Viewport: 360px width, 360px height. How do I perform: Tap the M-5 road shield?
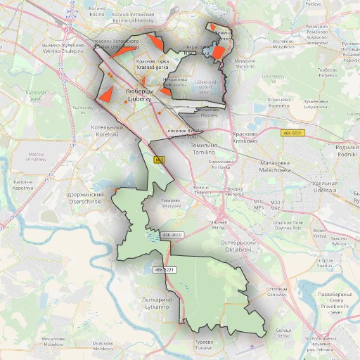point(160,160)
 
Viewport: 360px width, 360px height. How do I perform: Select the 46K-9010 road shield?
point(172,235)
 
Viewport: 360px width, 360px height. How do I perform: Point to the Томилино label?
point(204,145)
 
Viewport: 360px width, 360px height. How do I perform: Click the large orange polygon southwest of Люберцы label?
point(108,92)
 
